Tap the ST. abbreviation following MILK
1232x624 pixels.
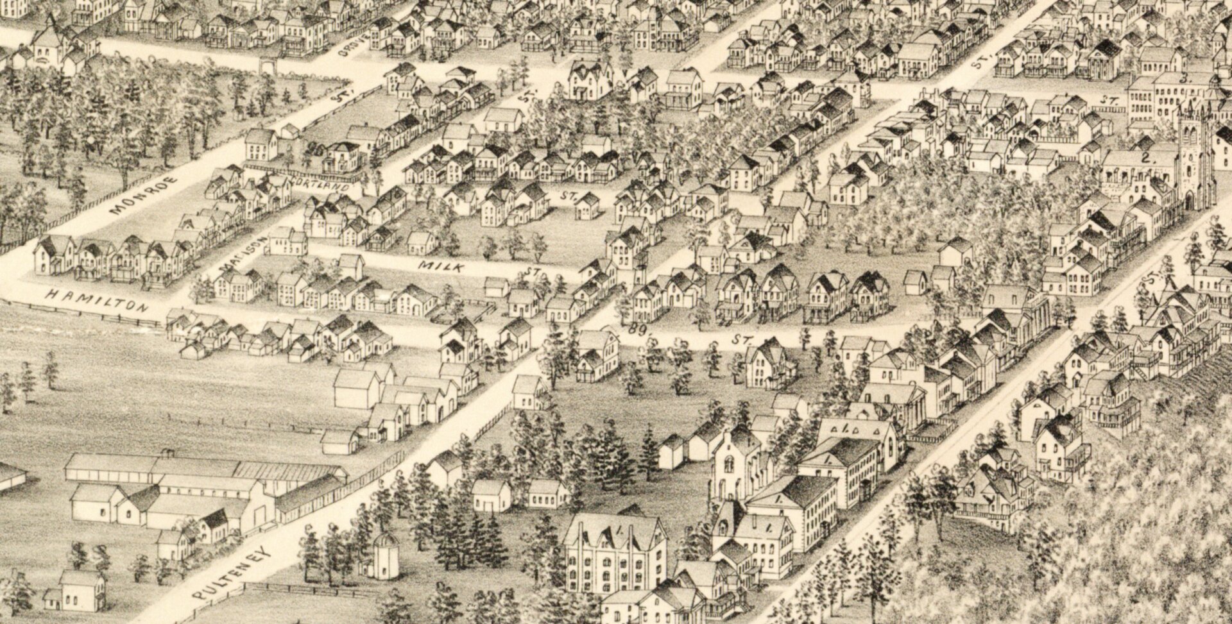click(x=531, y=273)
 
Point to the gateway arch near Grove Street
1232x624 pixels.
click(x=265, y=64)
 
